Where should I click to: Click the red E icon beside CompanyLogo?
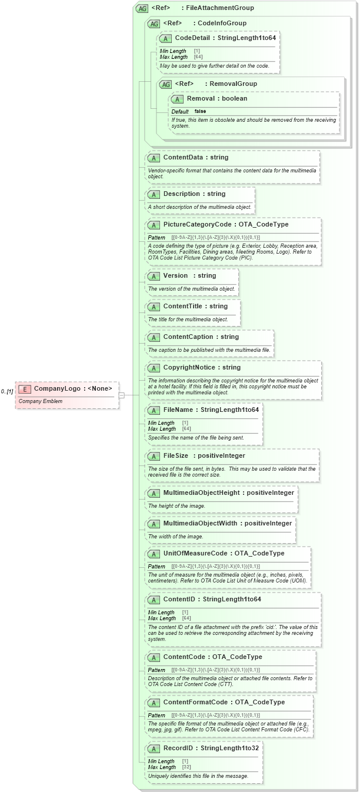coord(25,388)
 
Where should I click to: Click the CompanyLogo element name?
coord(56,388)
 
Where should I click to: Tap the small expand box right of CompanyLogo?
coord(122,395)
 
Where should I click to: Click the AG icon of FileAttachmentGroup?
coord(142,8)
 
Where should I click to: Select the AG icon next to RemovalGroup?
coord(166,84)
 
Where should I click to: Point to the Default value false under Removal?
coord(201,111)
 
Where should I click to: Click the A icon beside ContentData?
coord(154,158)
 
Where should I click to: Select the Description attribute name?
coord(182,194)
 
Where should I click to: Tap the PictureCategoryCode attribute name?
coord(196,225)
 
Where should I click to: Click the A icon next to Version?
coord(154,276)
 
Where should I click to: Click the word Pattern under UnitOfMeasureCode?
coord(156,567)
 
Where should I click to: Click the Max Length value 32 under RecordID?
coord(186,767)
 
